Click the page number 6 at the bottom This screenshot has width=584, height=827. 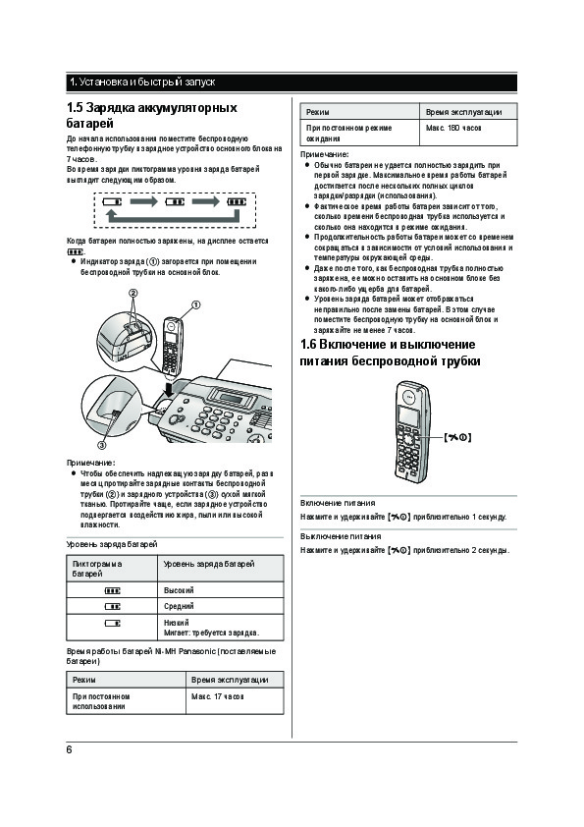pyautogui.click(x=69, y=749)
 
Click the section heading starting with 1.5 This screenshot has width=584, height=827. pyautogui.click(x=152, y=116)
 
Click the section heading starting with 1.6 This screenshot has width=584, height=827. pyautogui.click(x=390, y=353)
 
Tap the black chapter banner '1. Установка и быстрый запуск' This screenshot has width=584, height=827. pyautogui.click(x=292, y=83)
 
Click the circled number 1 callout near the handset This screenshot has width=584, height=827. pyautogui.click(x=195, y=304)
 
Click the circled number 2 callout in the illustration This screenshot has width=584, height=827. pyautogui.click(x=133, y=294)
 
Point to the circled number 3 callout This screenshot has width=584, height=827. pyautogui.click(x=102, y=445)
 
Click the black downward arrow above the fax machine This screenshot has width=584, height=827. pyautogui.click(x=168, y=390)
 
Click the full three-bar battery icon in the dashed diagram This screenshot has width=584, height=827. pyautogui.click(x=237, y=201)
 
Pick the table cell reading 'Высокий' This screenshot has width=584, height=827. pyautogui.click(x=220, y=590)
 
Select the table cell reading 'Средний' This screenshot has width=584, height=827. pyautogui.click(x=220, y=606)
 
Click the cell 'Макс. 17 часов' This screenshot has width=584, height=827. pyautogui.click(x=235, y=701)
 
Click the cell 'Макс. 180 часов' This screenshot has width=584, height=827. pyautogui.click(x=468, y=133)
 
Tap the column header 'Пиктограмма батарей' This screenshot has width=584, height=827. pyautogui.click(x=112, y=569)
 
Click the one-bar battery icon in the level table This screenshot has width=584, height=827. pyautogui.click(x=112, y=623)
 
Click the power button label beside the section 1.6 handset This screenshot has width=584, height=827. pyautogui.click(x=457, y=437)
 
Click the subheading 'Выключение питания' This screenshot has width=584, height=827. pyautogui.click(x=341, y=536)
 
